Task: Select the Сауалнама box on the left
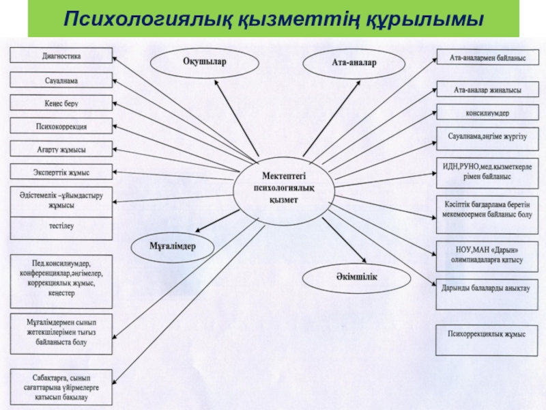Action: (61, 81)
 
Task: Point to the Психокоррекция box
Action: (61, 126)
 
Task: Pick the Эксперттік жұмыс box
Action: (61, 172)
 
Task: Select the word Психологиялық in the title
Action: (148, 20)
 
